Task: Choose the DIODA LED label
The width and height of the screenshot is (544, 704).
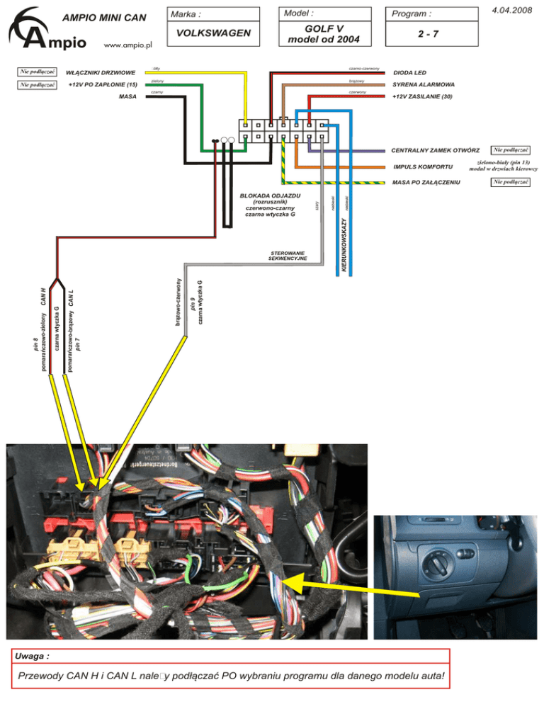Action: coord(409,72)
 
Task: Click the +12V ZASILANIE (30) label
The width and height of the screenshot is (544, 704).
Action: coord(421,96)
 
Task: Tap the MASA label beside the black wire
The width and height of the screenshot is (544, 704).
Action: coord(128,96)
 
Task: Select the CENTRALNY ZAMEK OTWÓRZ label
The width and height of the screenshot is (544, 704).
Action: coord(436,151)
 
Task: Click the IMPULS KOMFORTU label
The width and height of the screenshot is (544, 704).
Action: coord(423,167)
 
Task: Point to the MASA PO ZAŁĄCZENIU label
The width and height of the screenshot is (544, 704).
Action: coord(426,183)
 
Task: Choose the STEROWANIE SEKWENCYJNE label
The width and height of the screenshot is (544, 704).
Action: coord(288,255)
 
